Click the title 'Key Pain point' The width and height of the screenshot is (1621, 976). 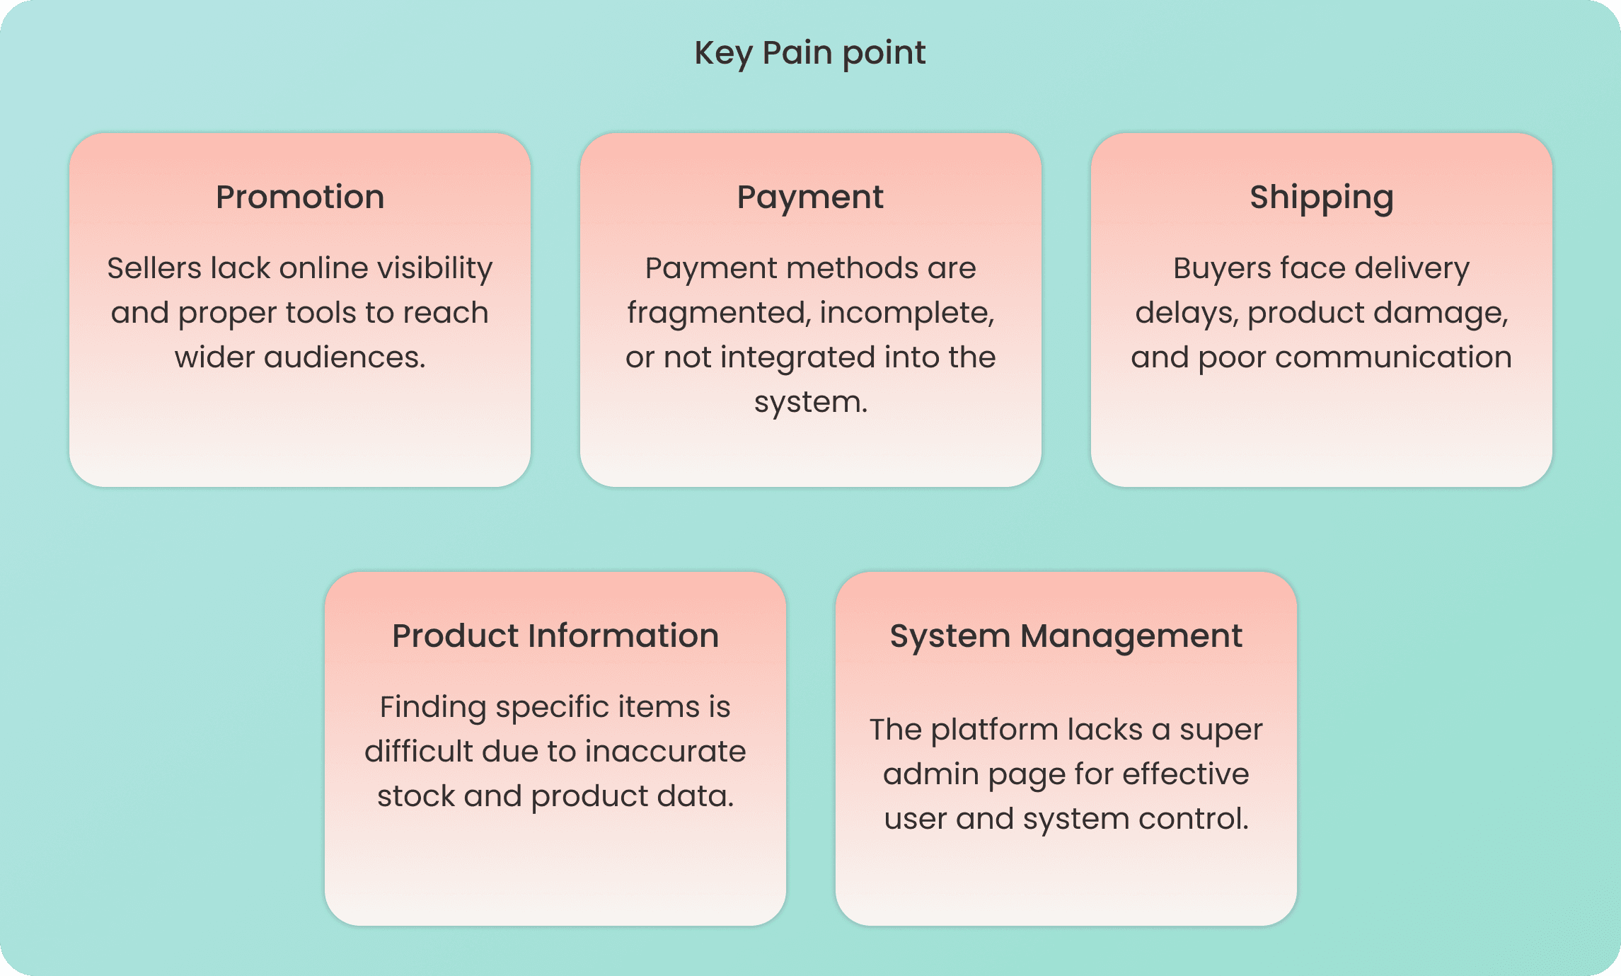[810, 54]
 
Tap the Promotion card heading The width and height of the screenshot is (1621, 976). [300, 197]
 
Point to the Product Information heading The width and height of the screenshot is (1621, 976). [555, 636]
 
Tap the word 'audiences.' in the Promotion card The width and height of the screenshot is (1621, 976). [345, 357]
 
